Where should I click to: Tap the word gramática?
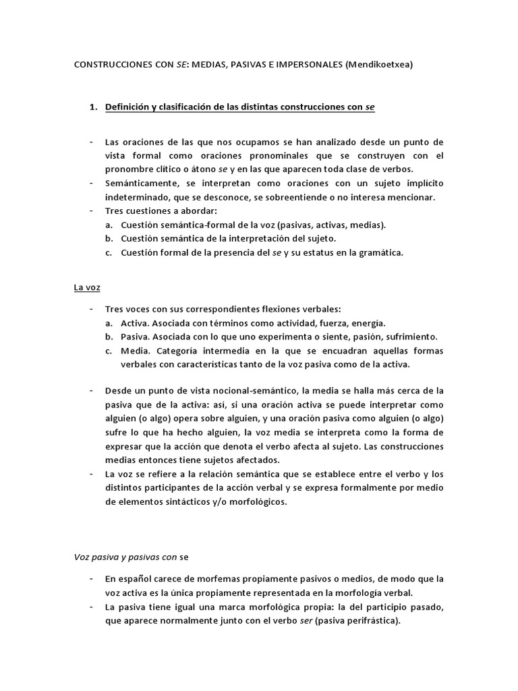[378, 252]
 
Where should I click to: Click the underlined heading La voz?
[87, 287]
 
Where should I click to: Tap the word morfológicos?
[257, 501]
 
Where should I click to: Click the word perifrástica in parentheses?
[368, 621]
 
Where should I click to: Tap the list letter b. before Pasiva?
[109, 336]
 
